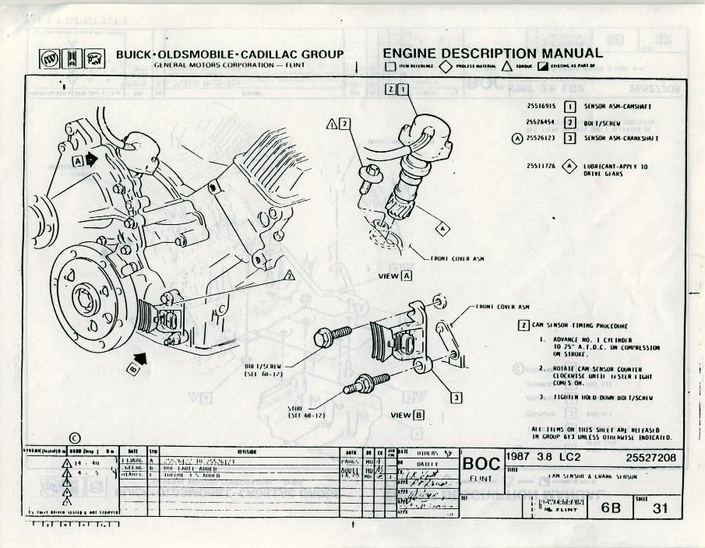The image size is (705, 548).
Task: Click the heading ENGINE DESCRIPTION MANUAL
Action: coord(492,53)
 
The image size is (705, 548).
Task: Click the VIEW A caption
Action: coord(394,276)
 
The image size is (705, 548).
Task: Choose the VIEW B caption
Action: coord(407,414)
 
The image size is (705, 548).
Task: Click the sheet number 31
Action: coord(661,508)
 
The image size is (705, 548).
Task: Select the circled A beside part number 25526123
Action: coord(517,139)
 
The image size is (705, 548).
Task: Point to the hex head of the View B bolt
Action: coord(324,337)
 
